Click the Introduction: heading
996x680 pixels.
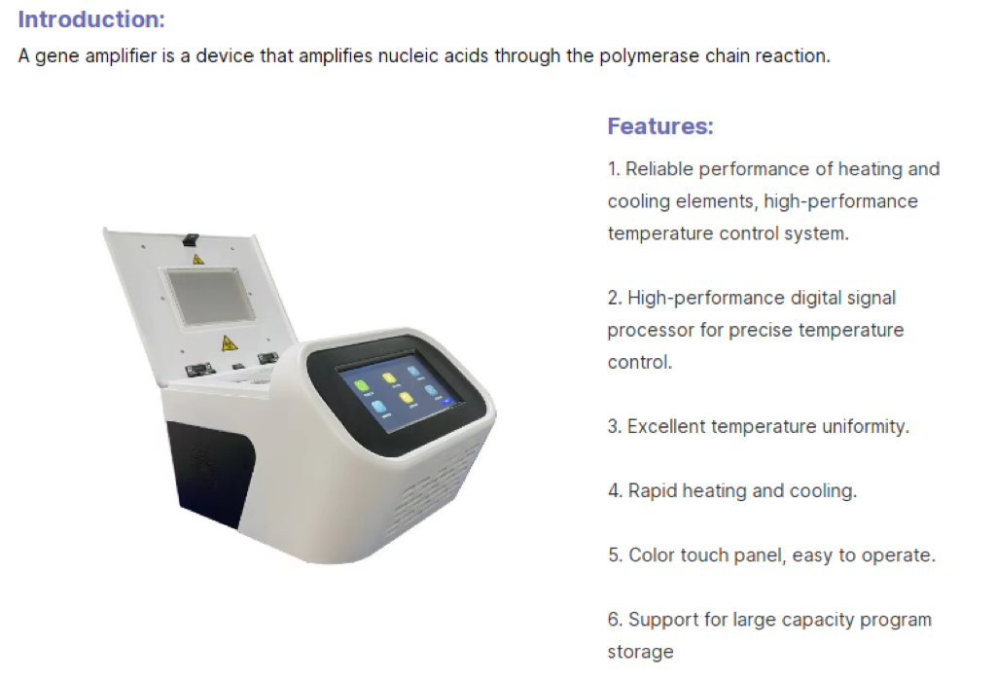(x=91, y=18)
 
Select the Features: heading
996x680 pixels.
(x=659, y=125)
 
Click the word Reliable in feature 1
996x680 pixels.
(x=658, y=169)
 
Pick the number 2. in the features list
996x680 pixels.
(x=615, y=298)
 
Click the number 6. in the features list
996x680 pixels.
(x=615, y=620)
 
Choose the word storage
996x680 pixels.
(x=640, y=652)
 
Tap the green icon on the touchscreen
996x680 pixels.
(x=361, y=385)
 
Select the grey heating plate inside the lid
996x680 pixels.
(x=211, y=296)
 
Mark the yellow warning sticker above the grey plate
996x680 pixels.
(x=198, y=259)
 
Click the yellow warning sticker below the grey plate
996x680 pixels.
(x=229, y=342)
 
